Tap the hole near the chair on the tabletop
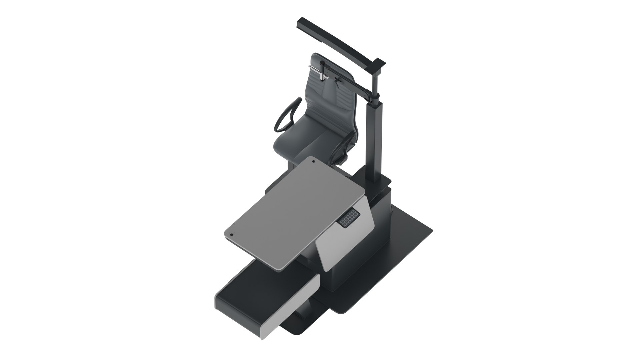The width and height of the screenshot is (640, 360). (x=314, y=162)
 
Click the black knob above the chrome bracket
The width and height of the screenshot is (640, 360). (x=322, y=63)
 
